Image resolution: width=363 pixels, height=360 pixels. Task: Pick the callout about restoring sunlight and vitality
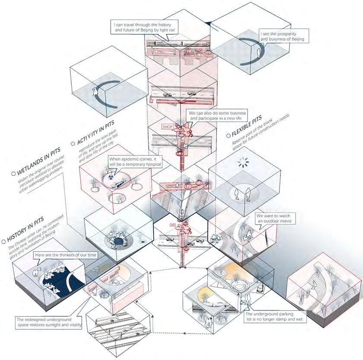pyautogui.click(x=48, y=322)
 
